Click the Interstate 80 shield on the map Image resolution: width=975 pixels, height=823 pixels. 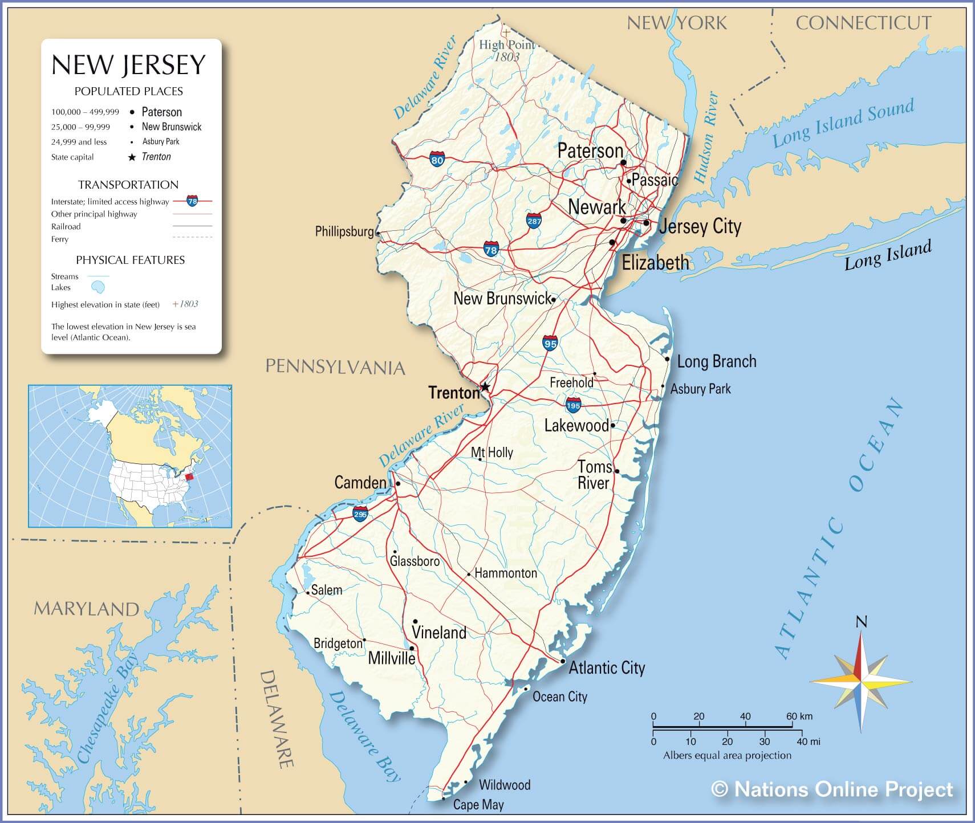point(437,159)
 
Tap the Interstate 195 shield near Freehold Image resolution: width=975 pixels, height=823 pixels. point(573,406)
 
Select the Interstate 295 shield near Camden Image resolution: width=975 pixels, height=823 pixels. point(360,514)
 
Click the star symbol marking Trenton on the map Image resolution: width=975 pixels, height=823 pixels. point(485,387)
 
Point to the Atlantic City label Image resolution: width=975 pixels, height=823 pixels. point(607,667)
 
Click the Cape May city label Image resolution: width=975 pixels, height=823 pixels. point(478,805)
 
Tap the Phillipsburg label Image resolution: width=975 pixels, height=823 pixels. point(344,231)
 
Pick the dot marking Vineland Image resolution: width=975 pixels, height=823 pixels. point(415,622)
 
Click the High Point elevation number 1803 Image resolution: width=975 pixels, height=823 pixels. point(507,57)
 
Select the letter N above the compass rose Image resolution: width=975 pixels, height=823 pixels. point(862,621)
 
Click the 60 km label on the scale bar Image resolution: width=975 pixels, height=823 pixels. point(799,716)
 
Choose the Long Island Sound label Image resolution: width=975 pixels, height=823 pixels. point(843,123)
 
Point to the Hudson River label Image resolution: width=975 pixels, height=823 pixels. point(706,137)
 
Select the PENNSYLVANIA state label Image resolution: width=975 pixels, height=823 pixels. point(335,366)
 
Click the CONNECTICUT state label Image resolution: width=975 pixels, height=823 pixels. point(863,23)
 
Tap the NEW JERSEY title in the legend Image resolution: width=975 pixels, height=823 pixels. point(128,65)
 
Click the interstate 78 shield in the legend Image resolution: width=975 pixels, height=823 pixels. point(192,201)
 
